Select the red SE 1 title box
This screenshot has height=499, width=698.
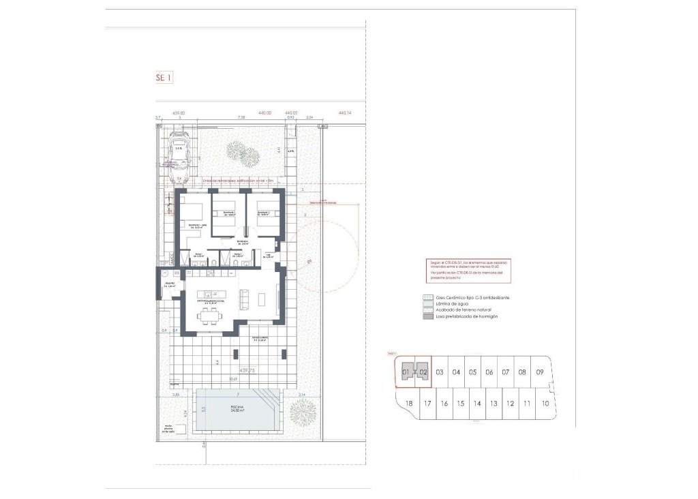pyautogui.click(x=164, y=78)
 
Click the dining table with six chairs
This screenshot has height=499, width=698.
pyautogui.click(x=209, y=314)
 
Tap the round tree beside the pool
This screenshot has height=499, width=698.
pyautogui.click(x=301, y=411)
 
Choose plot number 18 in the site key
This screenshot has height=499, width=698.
pyautogui.click(x=409, y=404)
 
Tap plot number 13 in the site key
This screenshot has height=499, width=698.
pyautogui.click(x=494, y=404)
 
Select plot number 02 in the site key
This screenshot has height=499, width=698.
pyautogui.click(x=423, y=372)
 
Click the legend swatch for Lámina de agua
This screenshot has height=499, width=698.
pyautogui.click(x=428, y=304)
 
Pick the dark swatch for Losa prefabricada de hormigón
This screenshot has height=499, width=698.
pyautogui.click(x=428, y=316)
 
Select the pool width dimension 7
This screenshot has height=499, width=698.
pyautogui.click(x=237, y=395)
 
